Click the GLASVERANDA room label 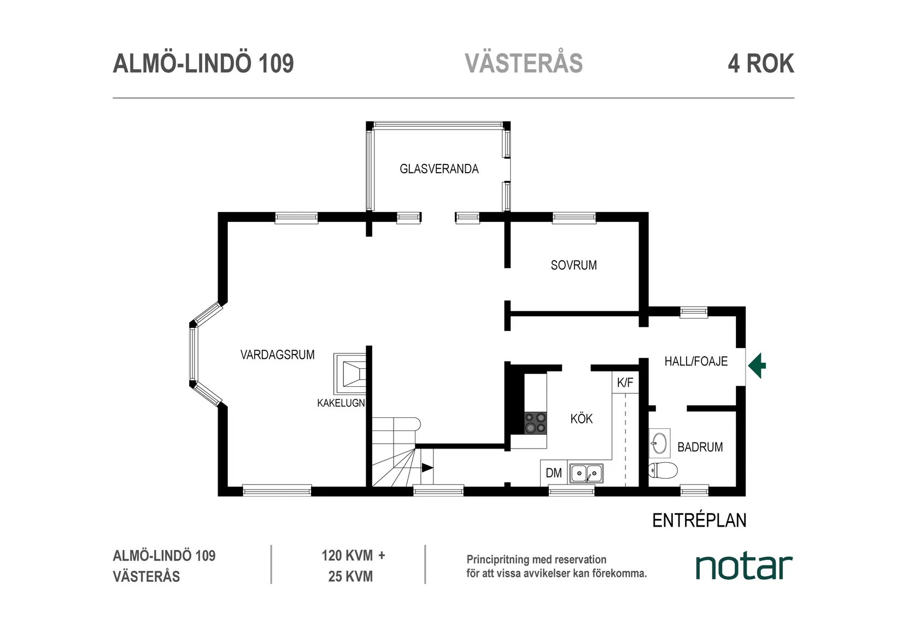(439, 169)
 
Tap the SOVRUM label (573, 265)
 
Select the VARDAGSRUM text (277, 355)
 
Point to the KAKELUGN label (341, 403)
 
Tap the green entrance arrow (757, 366)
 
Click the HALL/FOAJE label (695, 361)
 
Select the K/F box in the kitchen (625, 382)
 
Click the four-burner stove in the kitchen (535, 423)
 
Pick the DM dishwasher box (554, 473)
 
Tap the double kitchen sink (586, 473)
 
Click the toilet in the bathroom (663, 470)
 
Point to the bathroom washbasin (660, 443)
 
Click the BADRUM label (700, 447)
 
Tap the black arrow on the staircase (427, 468)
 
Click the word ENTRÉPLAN (699, 520)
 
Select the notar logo (743, 567)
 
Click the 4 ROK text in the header (760, 63)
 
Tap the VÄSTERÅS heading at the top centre (524, 63)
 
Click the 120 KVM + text (353, 556)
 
